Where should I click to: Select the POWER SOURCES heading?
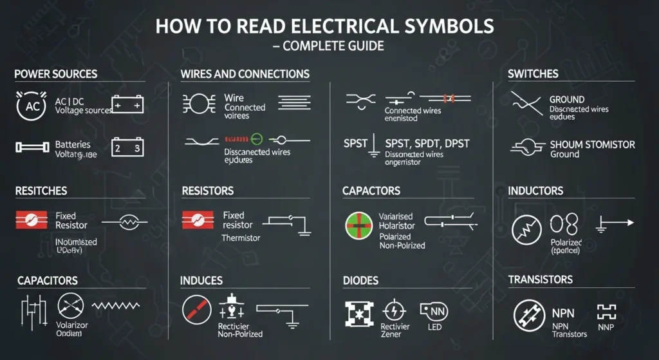(56, 74)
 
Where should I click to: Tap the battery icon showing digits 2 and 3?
(127, 147)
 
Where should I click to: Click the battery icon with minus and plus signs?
(127, 104)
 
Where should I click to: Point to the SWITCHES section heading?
(532, 74)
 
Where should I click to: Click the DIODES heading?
(360, 281)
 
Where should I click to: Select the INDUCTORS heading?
(535, 191)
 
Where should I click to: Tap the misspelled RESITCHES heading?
(41, 191)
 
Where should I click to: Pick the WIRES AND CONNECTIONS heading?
(245, 74)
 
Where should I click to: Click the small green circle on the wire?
(257, 138)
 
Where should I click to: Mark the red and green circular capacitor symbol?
(359, 225)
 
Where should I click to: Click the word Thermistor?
(241, 238)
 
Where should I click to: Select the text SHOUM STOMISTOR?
(592, 144)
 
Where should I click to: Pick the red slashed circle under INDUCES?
(196, 310)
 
